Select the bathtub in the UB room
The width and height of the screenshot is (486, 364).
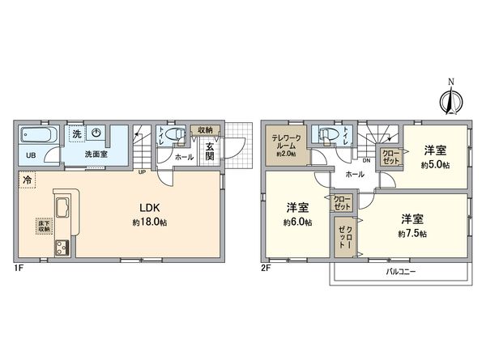(x=37, y=135)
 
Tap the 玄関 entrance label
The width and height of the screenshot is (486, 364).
(x=209, y=151)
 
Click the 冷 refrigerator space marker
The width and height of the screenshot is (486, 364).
(x=27, y=180)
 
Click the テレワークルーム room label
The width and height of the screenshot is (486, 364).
(x=286, y=142)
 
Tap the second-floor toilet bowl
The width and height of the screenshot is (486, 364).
(x=328, y=135)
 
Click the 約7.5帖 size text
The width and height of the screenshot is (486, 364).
(x=411, y=234)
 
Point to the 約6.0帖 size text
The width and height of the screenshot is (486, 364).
(x=297, y=222)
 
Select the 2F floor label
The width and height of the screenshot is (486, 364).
(x=265, y=267)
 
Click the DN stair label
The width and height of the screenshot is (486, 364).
(x=366, y=160)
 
